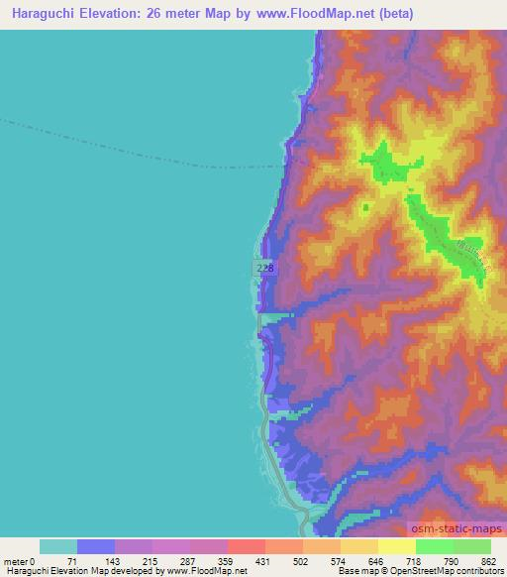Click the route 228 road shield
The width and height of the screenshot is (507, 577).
[x=263, y=269]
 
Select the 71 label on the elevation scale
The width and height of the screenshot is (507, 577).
[x=69, y=561]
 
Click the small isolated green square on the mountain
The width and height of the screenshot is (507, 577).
[x=366, y=207]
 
